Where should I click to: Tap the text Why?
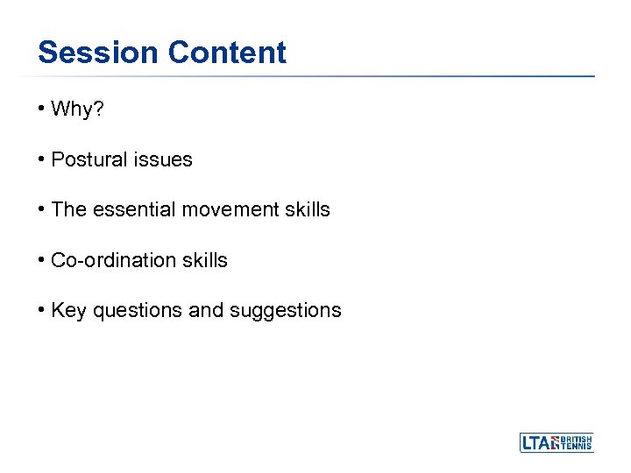[76, 109]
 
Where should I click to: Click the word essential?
[129, 210]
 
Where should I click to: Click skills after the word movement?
[308, 210]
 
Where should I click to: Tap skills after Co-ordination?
[205, 260]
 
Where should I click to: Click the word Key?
[68, 311]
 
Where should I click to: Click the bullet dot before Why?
[41, 109]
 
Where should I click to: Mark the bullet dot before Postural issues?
[41, 160]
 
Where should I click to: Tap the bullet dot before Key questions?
[41, 311]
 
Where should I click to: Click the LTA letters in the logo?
[536, 443]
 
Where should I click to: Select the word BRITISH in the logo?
[577, 438]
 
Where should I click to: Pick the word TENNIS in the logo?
[577, 447]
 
